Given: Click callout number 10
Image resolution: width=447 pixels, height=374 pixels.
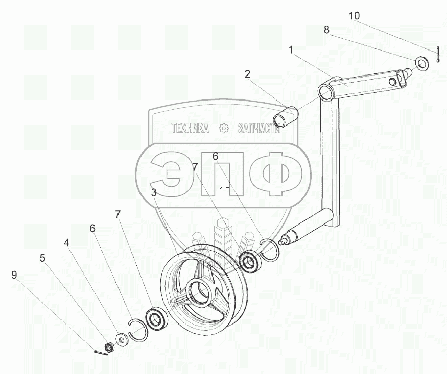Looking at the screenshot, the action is tap(355, 16).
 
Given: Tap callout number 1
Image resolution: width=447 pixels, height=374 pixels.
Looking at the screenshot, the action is tap(291, 50).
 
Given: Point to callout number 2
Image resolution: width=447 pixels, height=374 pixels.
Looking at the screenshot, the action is tap(247, 74).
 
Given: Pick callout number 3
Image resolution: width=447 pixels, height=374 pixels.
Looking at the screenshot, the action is tap(154, 192).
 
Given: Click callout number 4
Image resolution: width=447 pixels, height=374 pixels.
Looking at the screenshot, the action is tap(66, 243).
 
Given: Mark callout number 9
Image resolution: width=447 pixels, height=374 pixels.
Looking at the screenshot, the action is tap(14, 275).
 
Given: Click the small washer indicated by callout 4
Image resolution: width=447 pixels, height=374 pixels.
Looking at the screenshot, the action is tap(122, 338).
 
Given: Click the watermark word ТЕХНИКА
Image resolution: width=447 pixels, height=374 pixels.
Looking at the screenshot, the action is tap(190, 129).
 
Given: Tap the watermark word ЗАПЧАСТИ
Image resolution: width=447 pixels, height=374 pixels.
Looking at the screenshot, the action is tap(260, 129).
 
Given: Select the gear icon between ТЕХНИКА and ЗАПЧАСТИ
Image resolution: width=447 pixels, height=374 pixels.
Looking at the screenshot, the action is tap(223, 129).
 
